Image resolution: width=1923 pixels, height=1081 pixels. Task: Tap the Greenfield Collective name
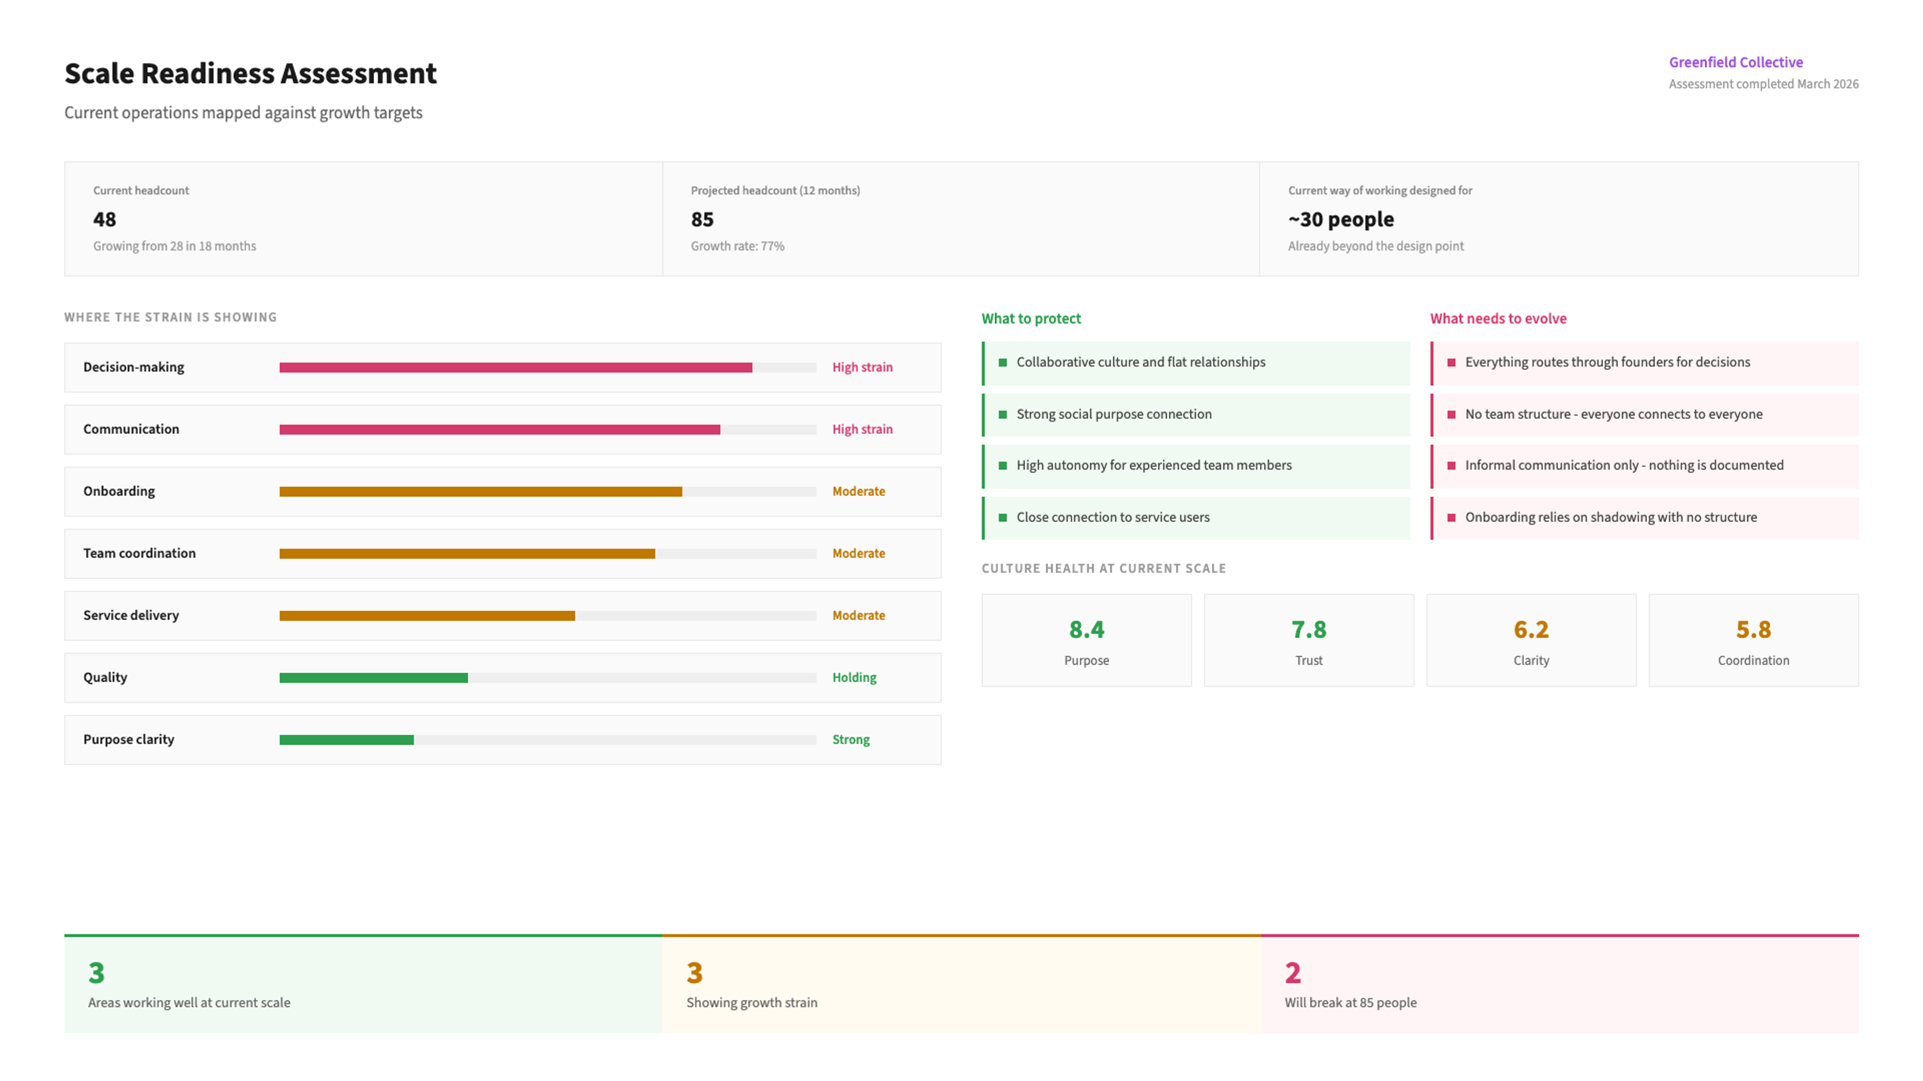(1736, 62)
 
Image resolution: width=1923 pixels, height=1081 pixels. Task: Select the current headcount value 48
(105, 219)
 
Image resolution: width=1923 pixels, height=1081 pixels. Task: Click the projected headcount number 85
(702, 219)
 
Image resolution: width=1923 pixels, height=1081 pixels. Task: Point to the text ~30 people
(1341, 219)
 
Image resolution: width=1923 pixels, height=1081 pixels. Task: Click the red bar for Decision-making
(516, 367)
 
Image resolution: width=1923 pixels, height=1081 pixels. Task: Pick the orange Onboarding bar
(481, 491)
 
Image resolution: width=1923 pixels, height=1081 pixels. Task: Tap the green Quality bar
(373, 678)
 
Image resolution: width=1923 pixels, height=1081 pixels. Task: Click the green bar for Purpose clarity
(347, 739)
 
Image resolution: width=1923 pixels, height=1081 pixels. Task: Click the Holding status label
(854, 678)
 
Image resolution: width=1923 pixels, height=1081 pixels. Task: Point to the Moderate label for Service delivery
(858, 616)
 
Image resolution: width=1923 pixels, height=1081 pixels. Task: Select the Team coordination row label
(140, 553)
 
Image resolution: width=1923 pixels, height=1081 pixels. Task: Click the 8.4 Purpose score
(1086, 630)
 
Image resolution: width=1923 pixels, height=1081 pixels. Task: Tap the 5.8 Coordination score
(1753, 630)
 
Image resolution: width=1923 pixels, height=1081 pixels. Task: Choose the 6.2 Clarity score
(1531, 630)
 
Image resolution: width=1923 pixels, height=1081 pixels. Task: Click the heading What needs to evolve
(1498, 319)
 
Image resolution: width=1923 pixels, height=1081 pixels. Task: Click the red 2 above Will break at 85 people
(1292, 973)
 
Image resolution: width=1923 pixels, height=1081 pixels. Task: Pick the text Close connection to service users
(1112, 517)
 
